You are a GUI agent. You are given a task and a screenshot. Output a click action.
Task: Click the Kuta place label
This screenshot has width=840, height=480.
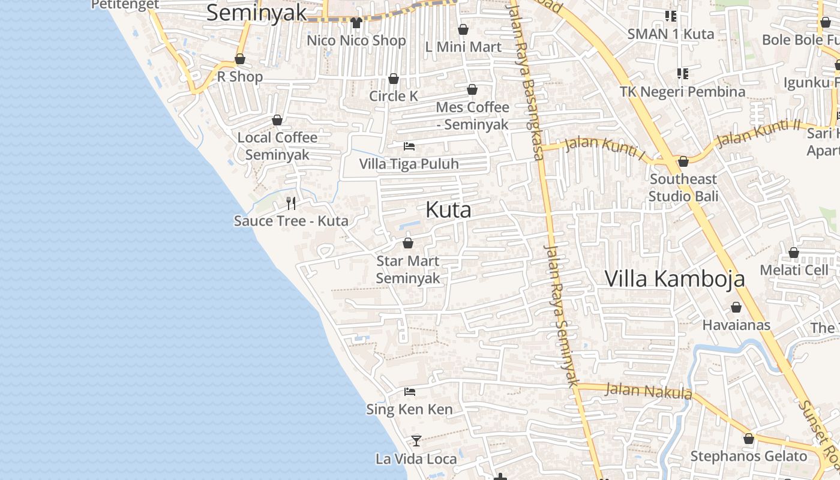[x=448, y=210]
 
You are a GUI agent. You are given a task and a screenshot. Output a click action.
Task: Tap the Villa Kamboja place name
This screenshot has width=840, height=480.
[x=674, y=279]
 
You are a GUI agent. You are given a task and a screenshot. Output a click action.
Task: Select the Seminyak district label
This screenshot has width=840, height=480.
[x=256, y=13]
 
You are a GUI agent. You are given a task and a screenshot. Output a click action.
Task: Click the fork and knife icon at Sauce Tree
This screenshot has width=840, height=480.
[x=291, y=203]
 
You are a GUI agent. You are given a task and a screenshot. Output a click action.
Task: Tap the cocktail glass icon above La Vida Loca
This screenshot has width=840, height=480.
[x=416, y=441]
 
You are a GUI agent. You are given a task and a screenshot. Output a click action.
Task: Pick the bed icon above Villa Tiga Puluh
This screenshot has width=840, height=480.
[x=409, y=146]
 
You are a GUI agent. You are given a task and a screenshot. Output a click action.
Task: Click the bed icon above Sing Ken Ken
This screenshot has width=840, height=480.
[x=410, y=392]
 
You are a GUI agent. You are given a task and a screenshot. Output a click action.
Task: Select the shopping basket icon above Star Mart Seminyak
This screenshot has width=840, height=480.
[x=408, y=243]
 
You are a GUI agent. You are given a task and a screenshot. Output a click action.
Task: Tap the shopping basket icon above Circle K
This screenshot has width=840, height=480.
[x=394, y=79]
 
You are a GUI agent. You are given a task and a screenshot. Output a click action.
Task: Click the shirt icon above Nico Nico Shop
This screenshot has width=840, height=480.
[x=356, y=23]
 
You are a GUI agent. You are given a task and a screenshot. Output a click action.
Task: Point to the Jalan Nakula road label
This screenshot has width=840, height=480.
[x=648, y=391]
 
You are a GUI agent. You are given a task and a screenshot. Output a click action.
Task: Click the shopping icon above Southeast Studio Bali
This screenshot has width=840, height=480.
[x=683, y=161]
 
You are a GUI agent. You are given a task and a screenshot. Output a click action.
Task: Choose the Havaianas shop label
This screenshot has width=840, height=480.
[x=736, y=325]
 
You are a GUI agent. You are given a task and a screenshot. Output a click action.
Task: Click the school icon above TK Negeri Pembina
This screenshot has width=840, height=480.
[x=683, y=74]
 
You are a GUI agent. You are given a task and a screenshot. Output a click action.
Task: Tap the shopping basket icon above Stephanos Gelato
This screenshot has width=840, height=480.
[x=748, y=439]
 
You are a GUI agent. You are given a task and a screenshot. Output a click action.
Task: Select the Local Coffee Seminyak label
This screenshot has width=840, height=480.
[x=277, y=146]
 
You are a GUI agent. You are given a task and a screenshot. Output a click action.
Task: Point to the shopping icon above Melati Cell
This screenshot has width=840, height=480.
[x=793, y=253]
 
